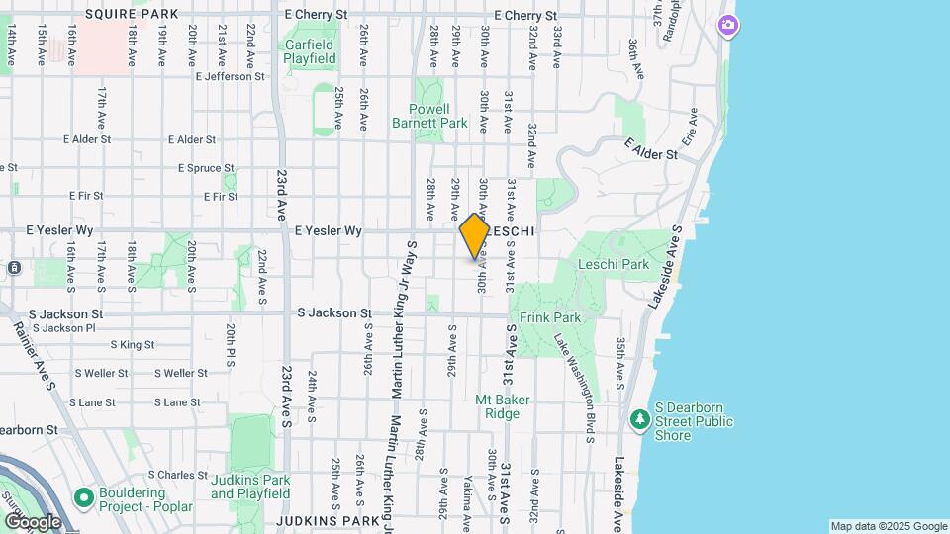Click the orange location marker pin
click(475, 235)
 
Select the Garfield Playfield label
click(311, 51)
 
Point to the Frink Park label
click(550, 318)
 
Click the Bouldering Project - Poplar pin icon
click(82, 496)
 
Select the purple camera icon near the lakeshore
click(728, 25)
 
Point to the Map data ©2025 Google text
click(888, 526)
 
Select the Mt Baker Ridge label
click(503, 406)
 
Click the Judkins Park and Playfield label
click(250, 488)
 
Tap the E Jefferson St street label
click(231, 76)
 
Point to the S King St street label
click(133, 345)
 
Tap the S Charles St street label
click(166, 475)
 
